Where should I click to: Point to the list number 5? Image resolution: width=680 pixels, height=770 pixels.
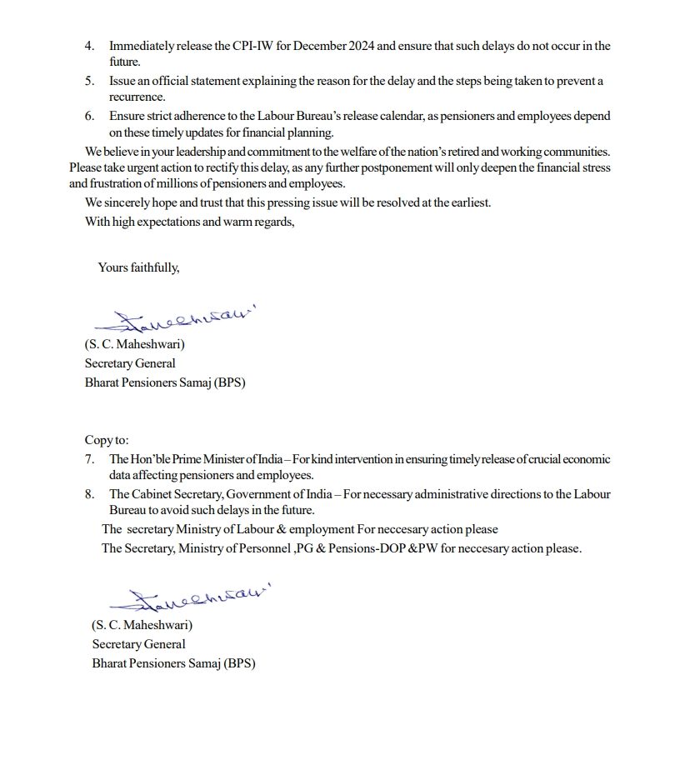(89, 82)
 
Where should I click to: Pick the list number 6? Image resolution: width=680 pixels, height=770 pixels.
(89, 117)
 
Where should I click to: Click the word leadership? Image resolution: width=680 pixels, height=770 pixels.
(193, 152)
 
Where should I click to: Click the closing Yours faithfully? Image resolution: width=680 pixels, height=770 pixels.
(138, 267)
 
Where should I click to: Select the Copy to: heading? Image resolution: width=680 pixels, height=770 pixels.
(107, 440)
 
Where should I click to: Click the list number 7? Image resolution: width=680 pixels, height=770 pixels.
(89, 459)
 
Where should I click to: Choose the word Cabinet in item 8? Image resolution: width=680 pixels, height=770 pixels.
(153, 494)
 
